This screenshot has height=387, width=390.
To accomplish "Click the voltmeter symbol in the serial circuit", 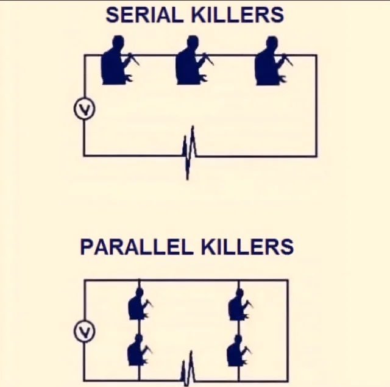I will point(84,110).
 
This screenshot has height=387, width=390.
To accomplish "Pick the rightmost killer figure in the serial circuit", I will point(270,61).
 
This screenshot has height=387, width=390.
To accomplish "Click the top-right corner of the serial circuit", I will point(316,55).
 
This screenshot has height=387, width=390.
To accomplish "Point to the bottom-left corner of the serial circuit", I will point(84,155).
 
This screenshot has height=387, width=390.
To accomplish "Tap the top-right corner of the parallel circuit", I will point(288,280).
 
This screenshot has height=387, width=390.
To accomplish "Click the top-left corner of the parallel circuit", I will point(84,280).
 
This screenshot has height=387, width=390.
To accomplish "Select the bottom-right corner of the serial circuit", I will point(316,155).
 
